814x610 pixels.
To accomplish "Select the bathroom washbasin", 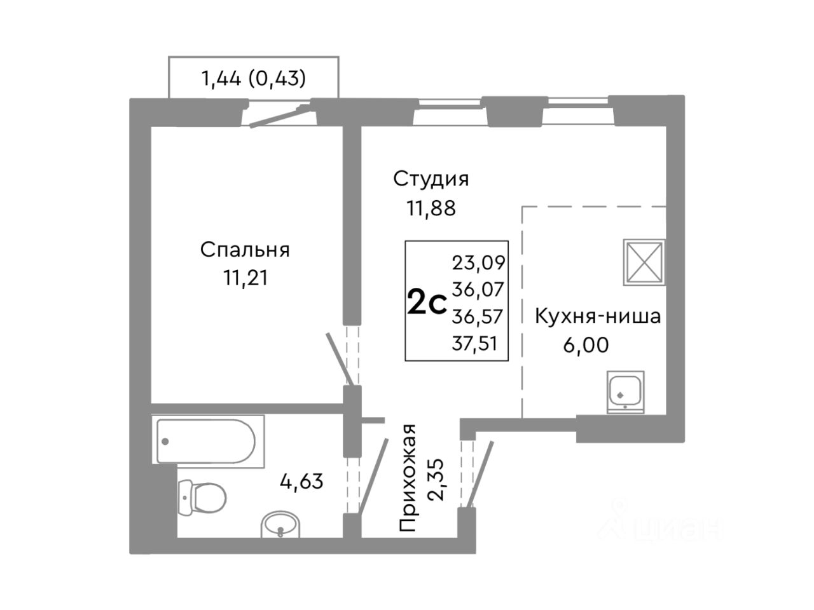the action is click(x=281, y=525).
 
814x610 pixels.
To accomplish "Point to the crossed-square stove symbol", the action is click(x=644, y=261).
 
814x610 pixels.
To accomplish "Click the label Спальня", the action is click(x=245, y=250).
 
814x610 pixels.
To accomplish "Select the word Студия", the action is click(x=431, y=179).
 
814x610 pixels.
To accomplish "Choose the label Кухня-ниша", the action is click(x=597, y=316).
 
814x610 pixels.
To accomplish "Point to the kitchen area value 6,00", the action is click(x=585, y=344).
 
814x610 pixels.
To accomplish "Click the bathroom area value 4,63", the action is click(x=302, y=480).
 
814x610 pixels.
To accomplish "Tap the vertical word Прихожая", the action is click(x=409, y=477).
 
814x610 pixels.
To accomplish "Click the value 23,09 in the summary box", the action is click(x=478, y=262).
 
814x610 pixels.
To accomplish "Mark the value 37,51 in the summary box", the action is click(x=478, y=344).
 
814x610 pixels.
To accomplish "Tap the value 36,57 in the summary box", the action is click(x=478, y=316).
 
